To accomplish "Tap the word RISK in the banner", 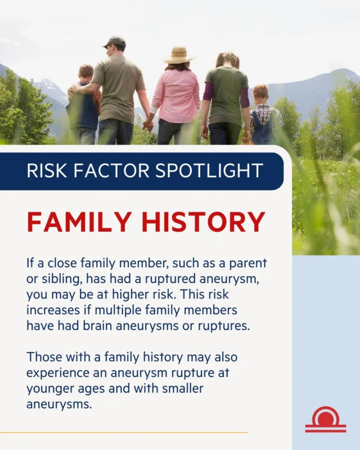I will point(48,170).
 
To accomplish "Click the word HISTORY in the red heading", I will point(203,222).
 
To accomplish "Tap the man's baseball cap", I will point(115,42).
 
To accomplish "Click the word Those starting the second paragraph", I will point(42,357).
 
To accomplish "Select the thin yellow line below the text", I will point(124,433).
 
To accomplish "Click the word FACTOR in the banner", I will point(112,170).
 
